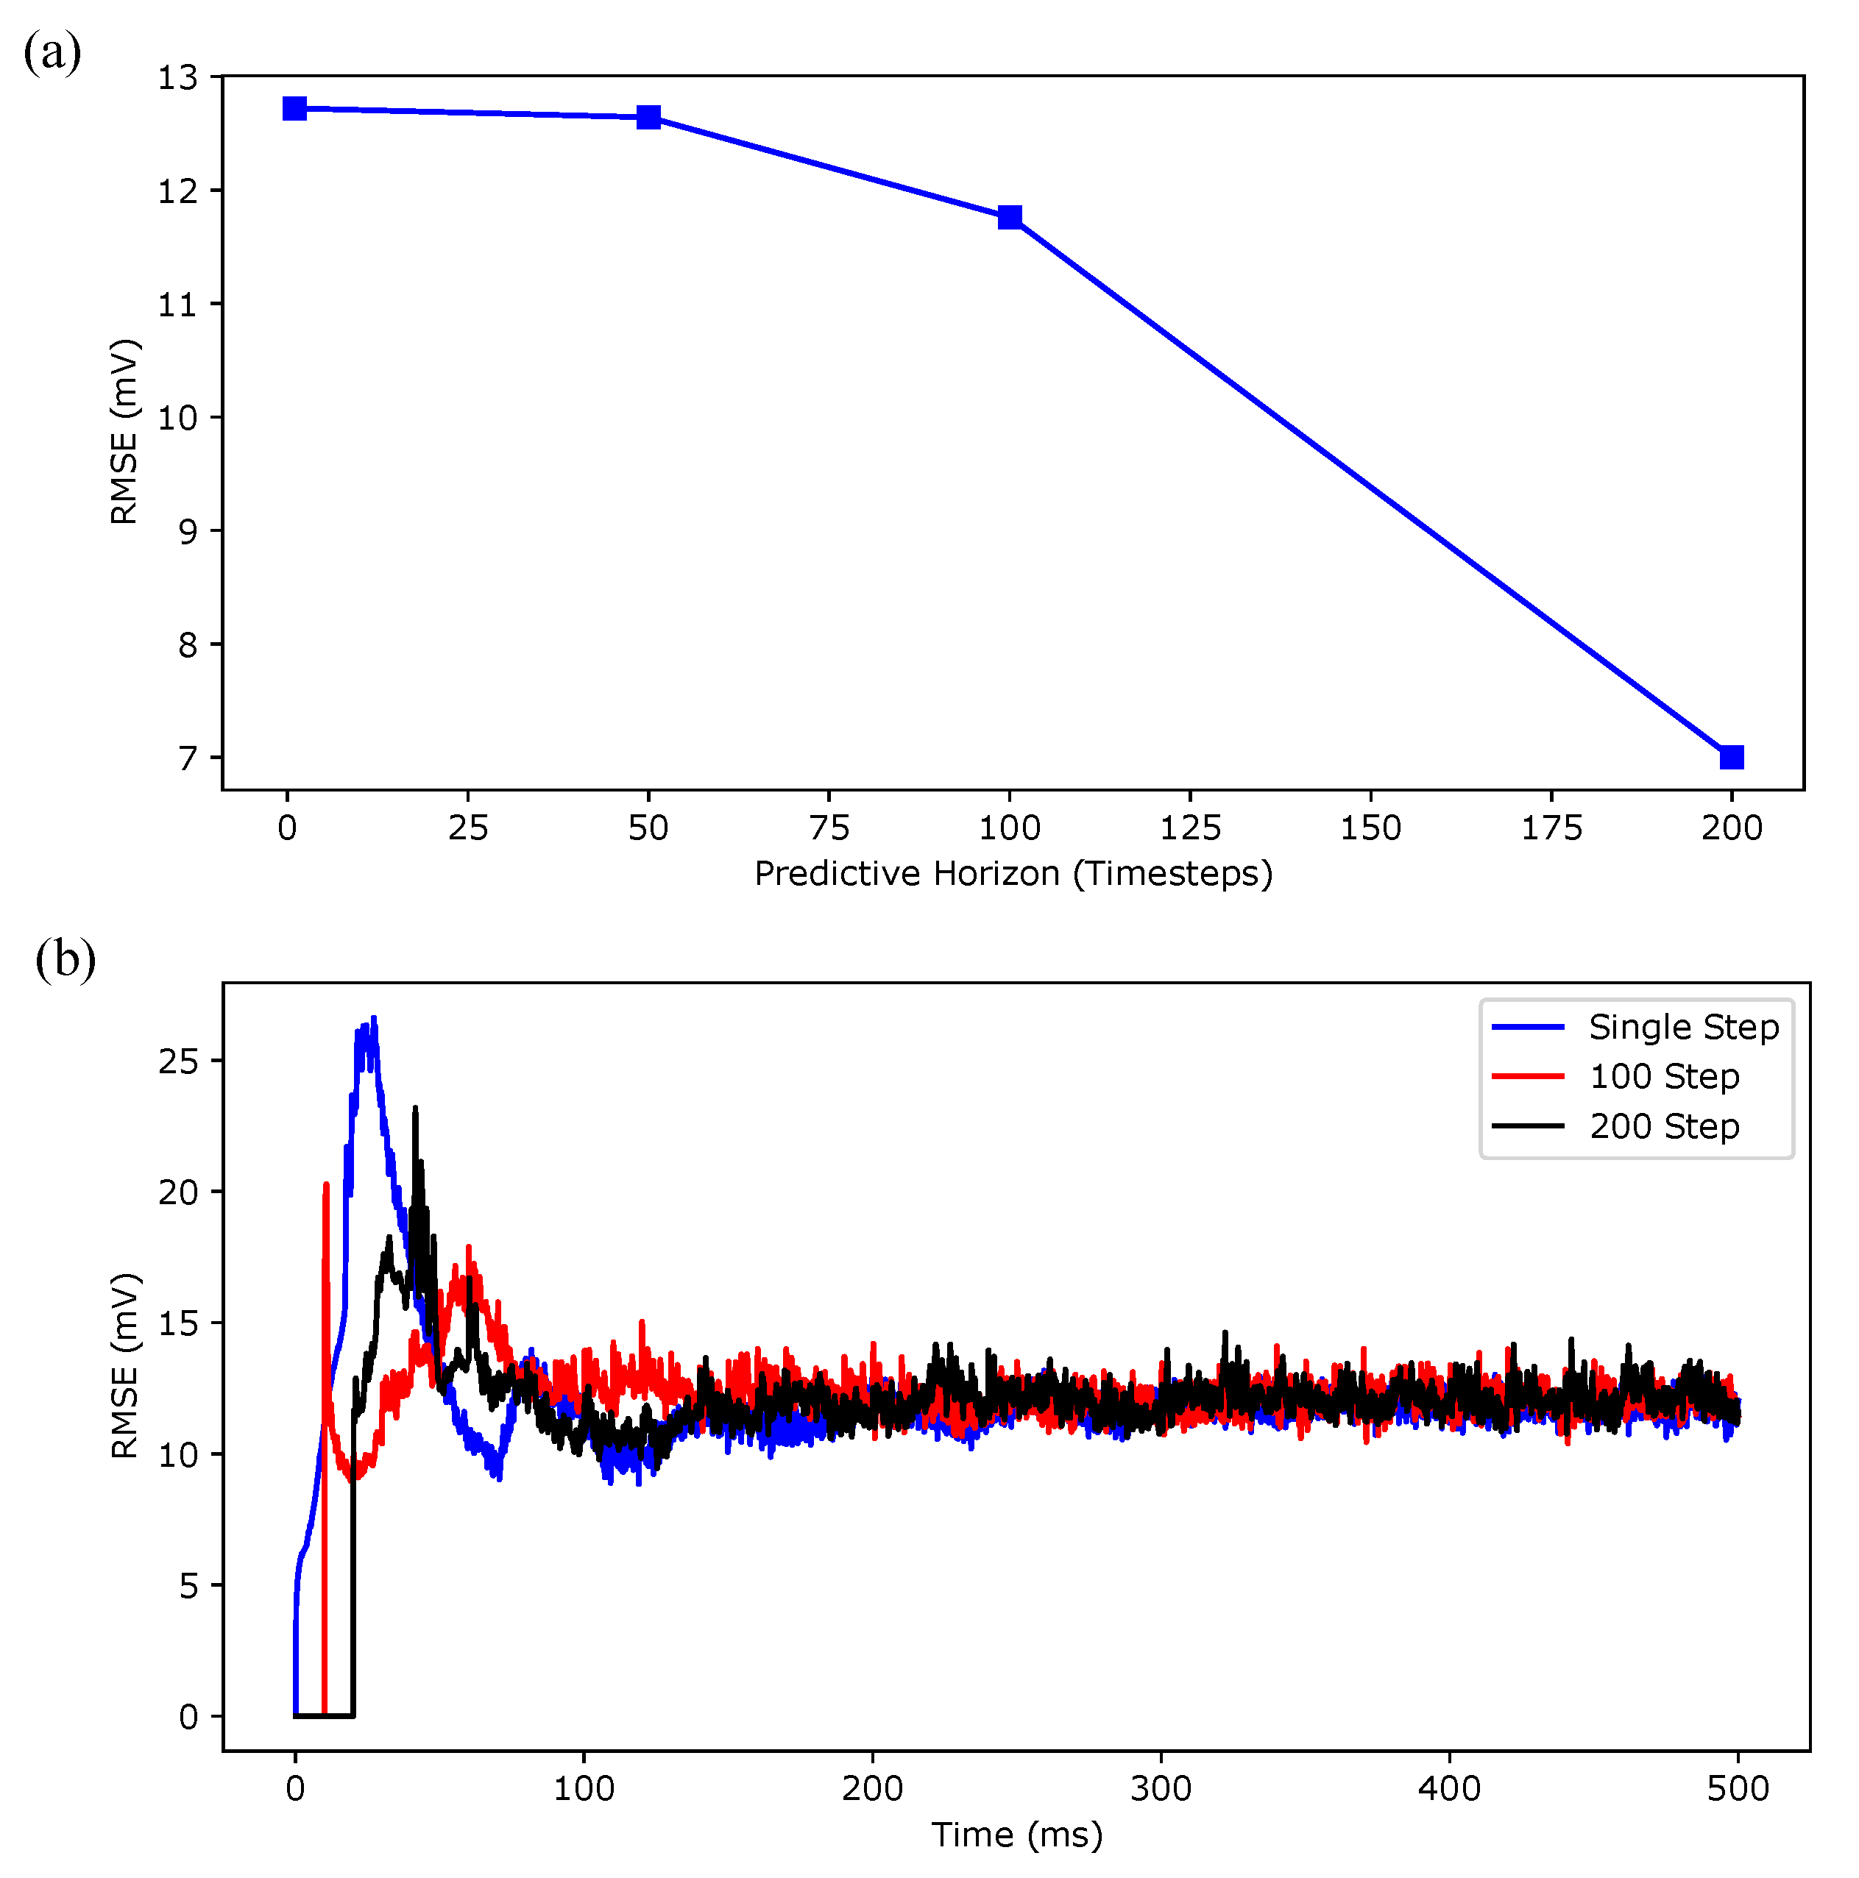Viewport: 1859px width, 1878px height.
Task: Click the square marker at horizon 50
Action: pos(648,118)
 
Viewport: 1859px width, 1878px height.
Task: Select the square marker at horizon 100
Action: pos(1010,217)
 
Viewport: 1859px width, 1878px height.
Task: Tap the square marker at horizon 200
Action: pos(1732,757)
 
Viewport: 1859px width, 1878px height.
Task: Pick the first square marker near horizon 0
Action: pos(294,108)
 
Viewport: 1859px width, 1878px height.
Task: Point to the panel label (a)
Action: pos(52,51)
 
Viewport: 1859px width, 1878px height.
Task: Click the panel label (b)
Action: pos(65,959)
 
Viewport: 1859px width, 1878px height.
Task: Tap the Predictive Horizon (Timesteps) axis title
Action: pos(1013,874)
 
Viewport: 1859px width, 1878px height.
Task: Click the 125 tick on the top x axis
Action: pos(1190,828)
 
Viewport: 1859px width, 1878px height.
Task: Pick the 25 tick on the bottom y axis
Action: pos(178,1061)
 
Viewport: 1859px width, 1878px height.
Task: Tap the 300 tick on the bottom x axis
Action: pos(1161,1788)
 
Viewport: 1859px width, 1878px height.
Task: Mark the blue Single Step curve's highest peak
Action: pos(373,1019)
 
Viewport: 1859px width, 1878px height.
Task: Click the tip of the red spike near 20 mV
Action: pos(326,1185)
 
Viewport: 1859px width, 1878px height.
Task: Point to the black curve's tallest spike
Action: pos(415,1108)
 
